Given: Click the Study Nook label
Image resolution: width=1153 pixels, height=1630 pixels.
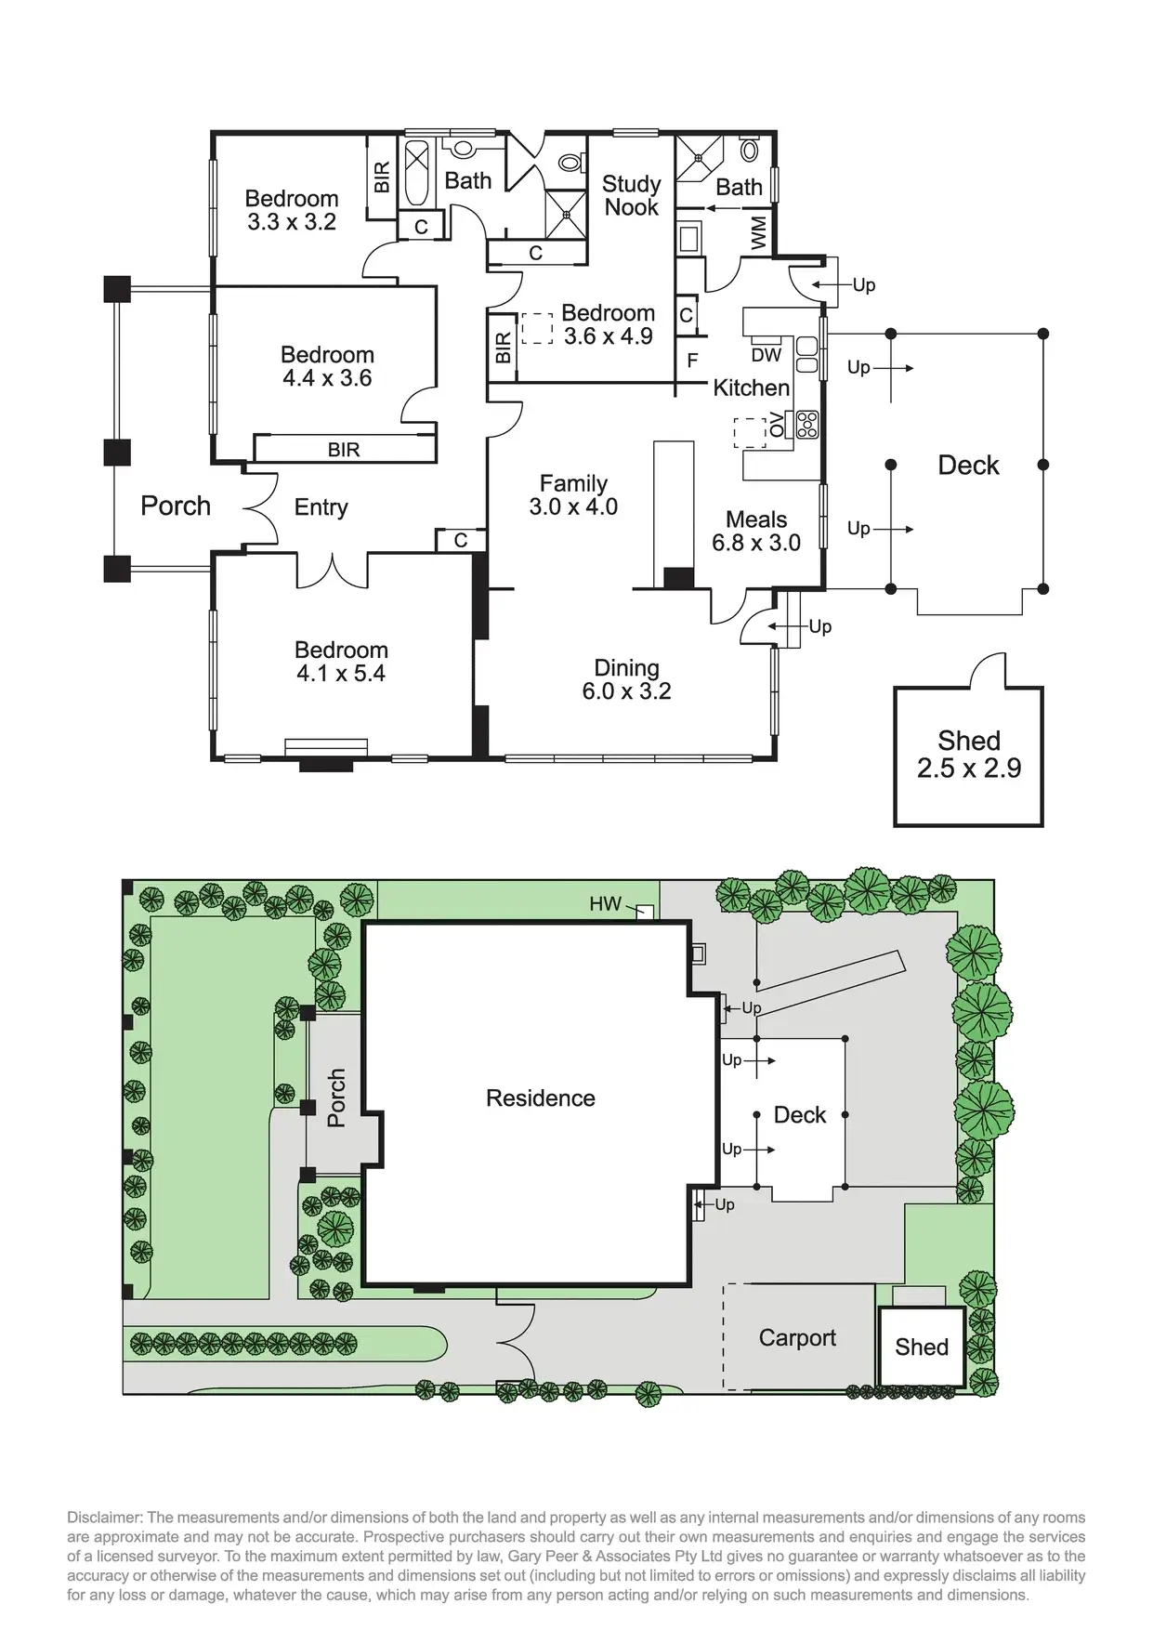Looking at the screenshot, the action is click(x=631, y=195).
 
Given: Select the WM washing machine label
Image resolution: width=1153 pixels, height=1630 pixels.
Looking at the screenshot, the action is click(x=758, y=232).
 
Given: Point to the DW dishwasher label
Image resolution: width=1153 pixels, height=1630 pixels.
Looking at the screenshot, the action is click(x=766, y=355).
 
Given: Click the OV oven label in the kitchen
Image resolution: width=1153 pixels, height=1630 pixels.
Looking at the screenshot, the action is click(x=776, y=426).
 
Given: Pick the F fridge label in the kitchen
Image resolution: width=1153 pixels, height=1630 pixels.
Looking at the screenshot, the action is click(x=692, y=361).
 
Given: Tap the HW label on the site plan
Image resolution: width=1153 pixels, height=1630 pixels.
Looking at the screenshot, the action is click(x=605, y=903).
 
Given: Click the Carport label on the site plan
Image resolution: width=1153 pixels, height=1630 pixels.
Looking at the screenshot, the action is click(x=797, y=1337).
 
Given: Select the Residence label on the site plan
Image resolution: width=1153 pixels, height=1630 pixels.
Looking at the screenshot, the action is click(x=540, y=1098).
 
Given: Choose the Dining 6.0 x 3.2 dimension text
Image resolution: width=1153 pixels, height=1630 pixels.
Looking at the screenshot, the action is click(x=626, y=691).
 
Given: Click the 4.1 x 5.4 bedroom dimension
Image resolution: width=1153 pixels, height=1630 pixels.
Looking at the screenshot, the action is click(x=340, y=674).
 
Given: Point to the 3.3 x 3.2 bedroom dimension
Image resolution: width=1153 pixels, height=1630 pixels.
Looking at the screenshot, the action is click(x=291, y=222).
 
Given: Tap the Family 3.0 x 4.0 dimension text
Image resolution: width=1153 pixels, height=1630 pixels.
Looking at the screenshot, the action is click(x=573, y=506).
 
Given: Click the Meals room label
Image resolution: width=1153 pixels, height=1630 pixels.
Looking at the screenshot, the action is click(x=756, y=519).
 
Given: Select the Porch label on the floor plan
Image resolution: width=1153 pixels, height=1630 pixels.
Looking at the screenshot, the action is click(x=176, y=506).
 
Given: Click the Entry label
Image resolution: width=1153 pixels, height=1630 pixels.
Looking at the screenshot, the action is click(x=321, y=507).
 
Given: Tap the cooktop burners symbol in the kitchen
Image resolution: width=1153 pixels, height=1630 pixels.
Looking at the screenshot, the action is click(x=806, y=425).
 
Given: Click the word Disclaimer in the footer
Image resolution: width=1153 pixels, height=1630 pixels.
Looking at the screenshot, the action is click(x=103, y=1518).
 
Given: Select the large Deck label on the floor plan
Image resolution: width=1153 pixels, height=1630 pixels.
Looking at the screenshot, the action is click(x=968, y=465).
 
